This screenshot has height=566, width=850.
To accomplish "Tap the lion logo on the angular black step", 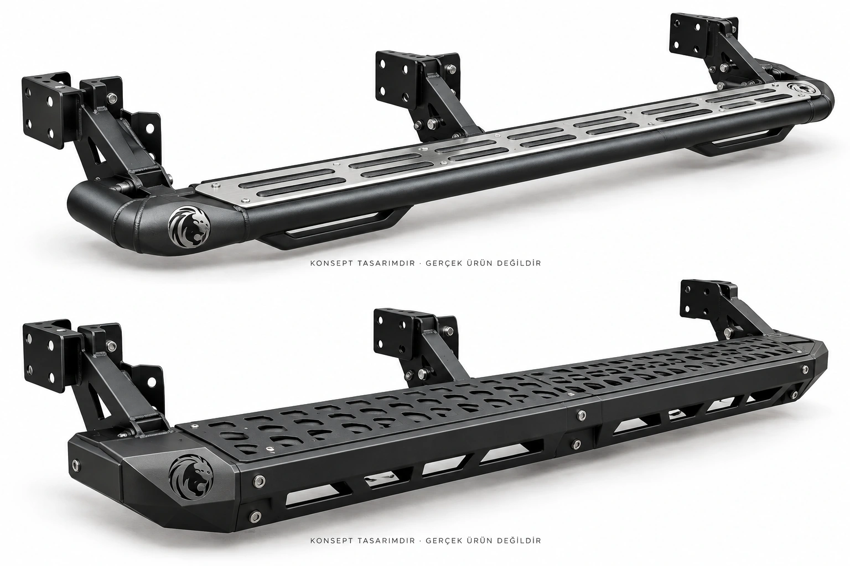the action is [x=191, y=475].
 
